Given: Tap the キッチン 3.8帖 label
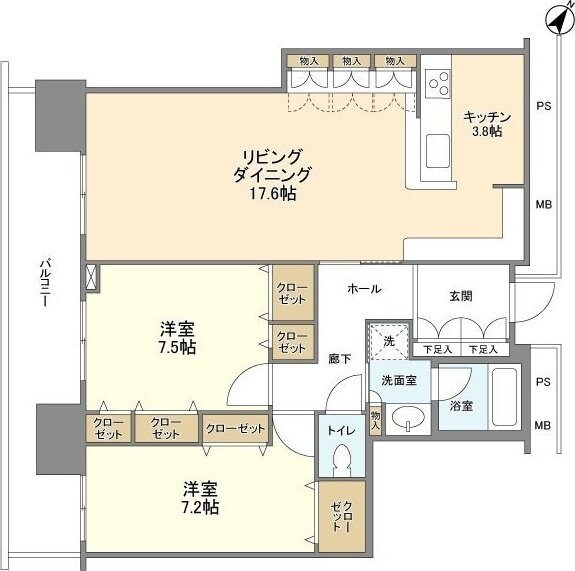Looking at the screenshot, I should point(487,123).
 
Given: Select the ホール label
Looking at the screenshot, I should point(363,288).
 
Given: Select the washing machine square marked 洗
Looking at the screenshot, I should point(387,340).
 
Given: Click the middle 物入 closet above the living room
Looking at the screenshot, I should point(352,61).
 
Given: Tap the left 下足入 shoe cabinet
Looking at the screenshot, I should point(436,349).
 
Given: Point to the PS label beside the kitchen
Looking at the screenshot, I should point(543,105).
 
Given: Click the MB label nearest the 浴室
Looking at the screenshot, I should point(543,426).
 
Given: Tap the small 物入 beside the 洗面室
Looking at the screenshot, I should point(375,418).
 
